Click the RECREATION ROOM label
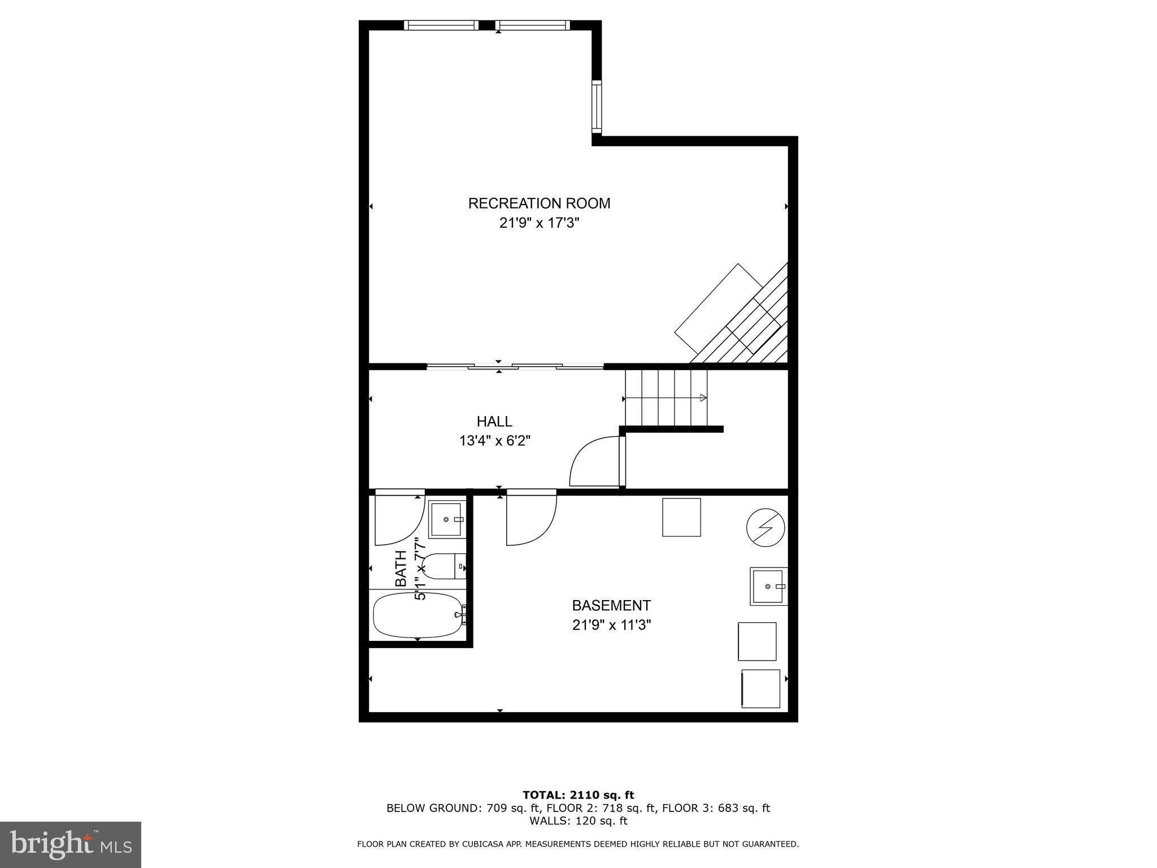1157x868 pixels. (x=539, y=203)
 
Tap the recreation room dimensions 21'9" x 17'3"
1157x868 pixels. (x=539, y=223)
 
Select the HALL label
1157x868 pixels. (x=494, y=422)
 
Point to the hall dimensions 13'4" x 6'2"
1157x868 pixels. (x=494, y=441)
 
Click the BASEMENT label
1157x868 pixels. (x=611, y=606)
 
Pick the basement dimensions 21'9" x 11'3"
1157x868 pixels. (x=611, y=626)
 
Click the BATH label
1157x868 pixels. (x=401, y=568)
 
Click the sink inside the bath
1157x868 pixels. (x=446, y=519)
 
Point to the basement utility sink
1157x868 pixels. (x=768, y=587)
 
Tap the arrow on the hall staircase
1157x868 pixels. (x=703, y=398)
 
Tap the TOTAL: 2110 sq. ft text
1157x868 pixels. (x=578, y=796)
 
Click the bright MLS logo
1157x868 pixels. (x=71, y=844)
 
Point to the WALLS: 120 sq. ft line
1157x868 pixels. (x=578, y=821)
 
